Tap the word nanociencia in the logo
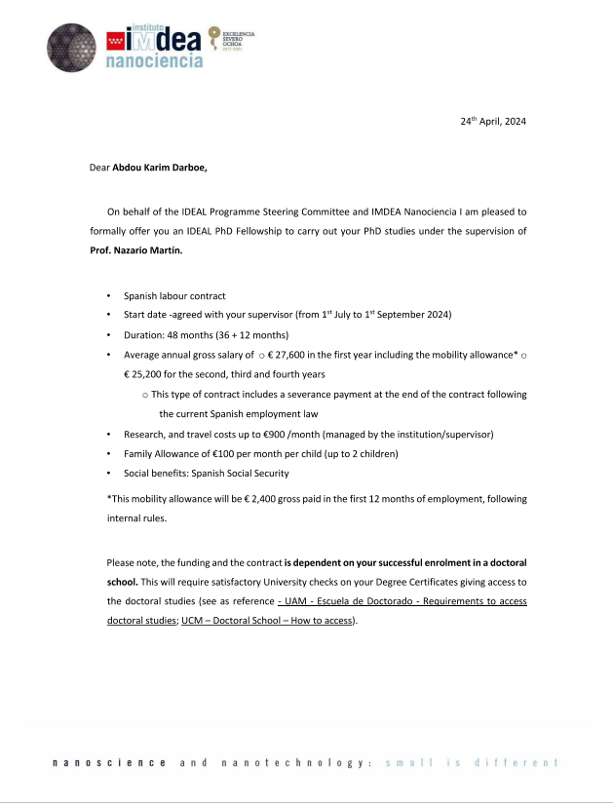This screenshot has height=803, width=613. [153, 61]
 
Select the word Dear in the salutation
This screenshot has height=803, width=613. [98, 168]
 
